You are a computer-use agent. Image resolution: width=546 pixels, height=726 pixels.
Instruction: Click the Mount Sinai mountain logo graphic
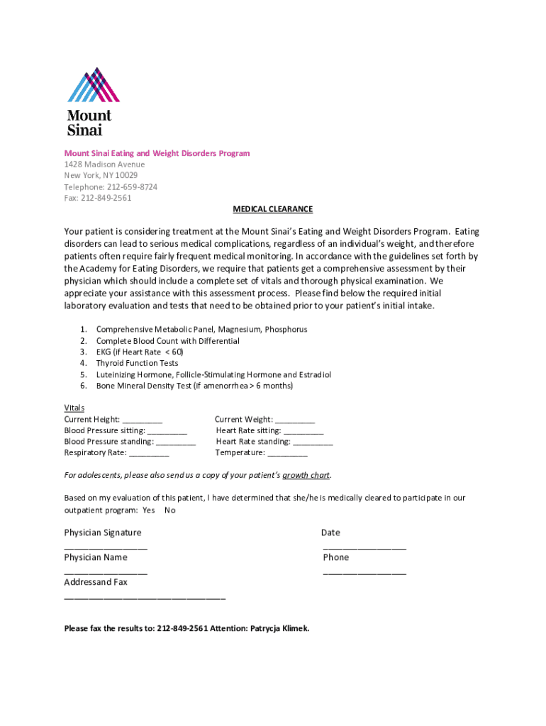94,85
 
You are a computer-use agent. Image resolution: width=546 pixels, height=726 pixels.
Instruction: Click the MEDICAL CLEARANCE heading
273,209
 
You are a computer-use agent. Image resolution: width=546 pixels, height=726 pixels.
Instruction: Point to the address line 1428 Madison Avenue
104,164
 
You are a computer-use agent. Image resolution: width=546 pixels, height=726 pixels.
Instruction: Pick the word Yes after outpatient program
148,510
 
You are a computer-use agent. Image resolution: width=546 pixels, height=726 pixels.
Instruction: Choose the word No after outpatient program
170,510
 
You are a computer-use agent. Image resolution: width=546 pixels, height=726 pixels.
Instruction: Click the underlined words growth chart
306,475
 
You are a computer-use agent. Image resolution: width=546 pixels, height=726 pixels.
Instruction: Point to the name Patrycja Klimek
279,628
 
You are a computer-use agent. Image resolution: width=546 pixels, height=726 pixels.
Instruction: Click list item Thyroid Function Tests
137,363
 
